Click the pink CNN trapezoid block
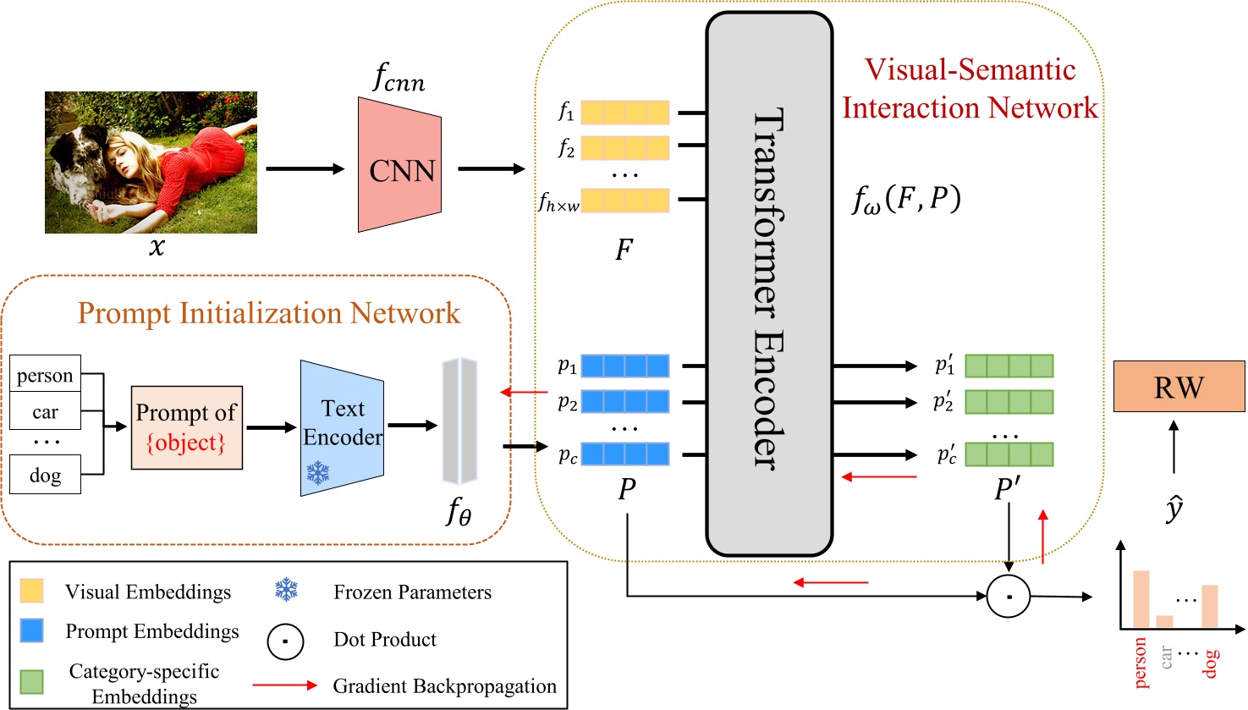pos(399,166)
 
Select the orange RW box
pos(1179,387)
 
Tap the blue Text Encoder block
pos(343,427)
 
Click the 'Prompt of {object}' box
pos(187,427)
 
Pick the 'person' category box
pos(46,375)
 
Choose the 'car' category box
pos(46,412)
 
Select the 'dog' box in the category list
pos(46,475)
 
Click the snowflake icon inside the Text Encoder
pos(318,472)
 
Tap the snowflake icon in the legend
pos(287,590)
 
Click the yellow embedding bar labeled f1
pos(625,112)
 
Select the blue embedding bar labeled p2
pos(625,401)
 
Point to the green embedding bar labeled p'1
pos(1009,366)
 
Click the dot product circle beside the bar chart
pos(1009,596)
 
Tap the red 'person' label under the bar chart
pos(1140,663)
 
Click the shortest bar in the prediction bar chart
pos(1164,621)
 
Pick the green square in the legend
pos(31,682)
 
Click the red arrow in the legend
pos(285,685)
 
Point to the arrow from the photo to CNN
pos(305,168)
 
